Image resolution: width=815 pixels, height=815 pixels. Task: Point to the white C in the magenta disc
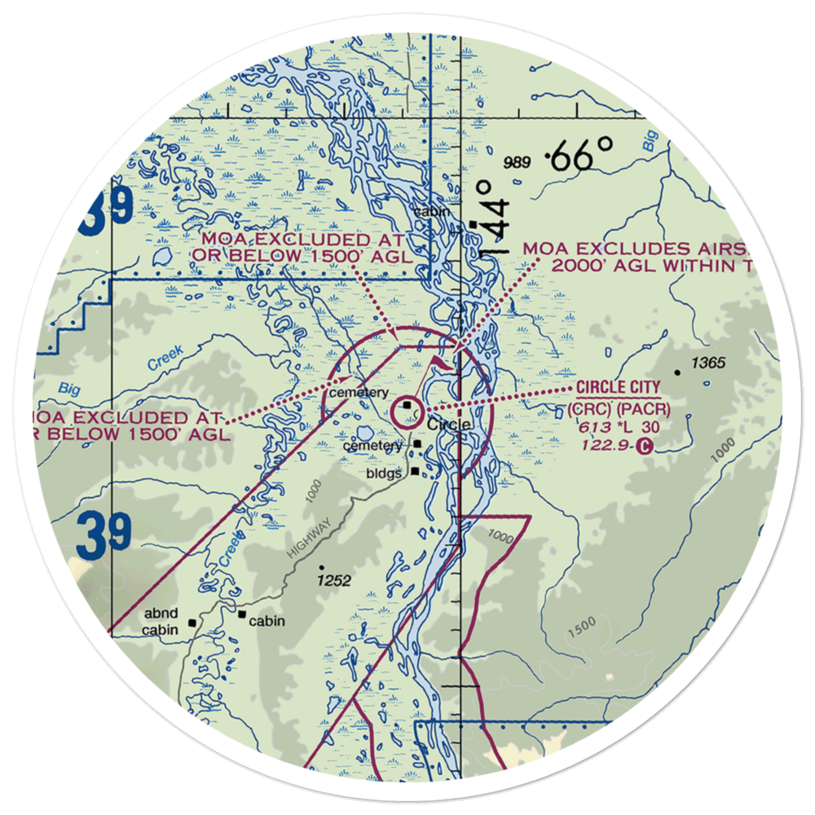[645, 446]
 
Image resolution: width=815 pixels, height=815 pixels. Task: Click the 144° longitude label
[491, 218]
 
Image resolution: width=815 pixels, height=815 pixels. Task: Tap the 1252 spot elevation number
[334, 581]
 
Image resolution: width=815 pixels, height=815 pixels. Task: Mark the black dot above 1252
[322, 568]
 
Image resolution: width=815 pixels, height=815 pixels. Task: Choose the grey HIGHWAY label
[310, 538]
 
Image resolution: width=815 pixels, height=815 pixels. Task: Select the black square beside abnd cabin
[192, 623]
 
